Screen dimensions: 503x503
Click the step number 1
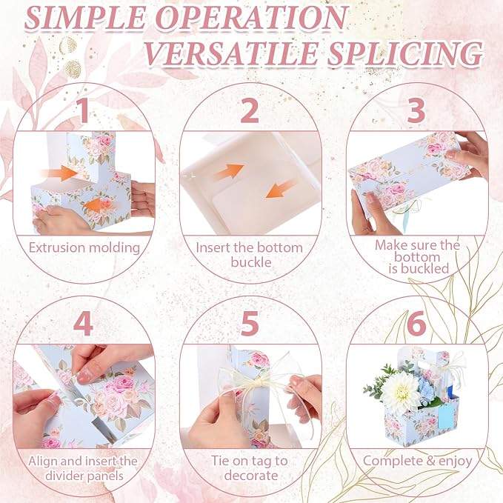click(x=84, y=110)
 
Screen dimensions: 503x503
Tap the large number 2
click(x=250, y=110)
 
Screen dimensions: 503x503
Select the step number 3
click(x=416, y=110)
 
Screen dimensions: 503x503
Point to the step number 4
click(x=83, y=324)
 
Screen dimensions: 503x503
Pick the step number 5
click(x=250, y=324)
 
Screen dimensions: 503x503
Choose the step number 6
click(x=416, y=324)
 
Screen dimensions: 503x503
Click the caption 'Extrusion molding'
click(x=84, y=248)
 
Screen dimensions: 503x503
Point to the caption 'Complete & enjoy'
click(x=417, y=462)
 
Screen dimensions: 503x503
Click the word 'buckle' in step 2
click(x=251, y=262)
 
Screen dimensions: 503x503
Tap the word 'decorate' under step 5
click(x=251, y=476)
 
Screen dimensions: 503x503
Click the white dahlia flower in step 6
click(x=398, y=390)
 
